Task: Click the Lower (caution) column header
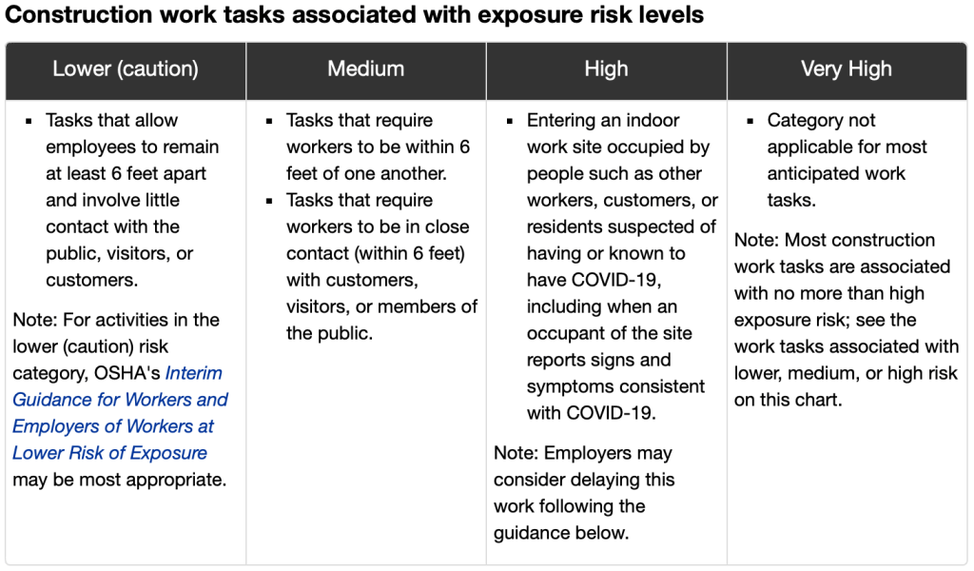point(126,69)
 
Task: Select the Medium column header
point(366,69)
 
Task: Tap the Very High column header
point(847,69)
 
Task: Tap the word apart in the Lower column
point(184,173)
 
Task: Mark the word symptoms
point(567,386)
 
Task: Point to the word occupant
point(567,333)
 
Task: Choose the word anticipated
point(809,173)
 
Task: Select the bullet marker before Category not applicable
point(749,121)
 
